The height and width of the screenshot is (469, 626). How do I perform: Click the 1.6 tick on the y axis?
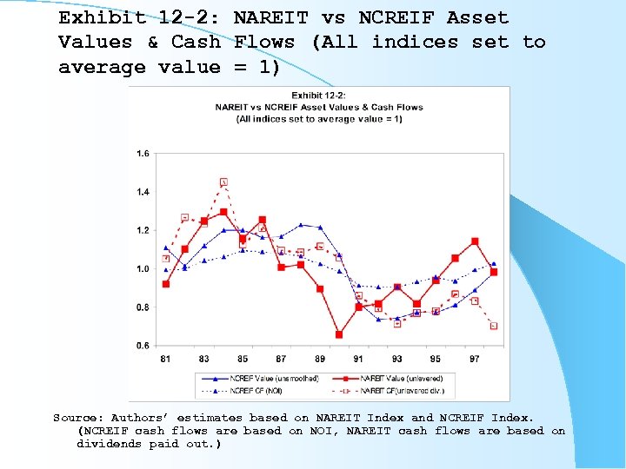click(x=143, y=154)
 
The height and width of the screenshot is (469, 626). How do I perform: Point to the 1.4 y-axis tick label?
click(x=143, y=192)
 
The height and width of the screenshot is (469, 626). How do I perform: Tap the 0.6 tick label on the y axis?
click(x=143, y=346)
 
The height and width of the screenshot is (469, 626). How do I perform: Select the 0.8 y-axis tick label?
click(x=143, y=307)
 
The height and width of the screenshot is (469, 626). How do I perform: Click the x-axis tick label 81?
click(x=165, y=359)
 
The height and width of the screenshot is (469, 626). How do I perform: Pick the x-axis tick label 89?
click(x=320, y=359)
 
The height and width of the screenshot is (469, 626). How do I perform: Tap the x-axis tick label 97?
click(x=475, y=359)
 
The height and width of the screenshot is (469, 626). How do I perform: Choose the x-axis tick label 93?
click(x=397, y=359)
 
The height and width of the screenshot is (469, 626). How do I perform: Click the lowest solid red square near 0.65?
click(x=339, y=334)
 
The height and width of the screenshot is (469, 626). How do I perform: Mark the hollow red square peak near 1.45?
click(x=223, y=182)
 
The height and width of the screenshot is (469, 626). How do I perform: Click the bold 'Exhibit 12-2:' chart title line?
click(x=318, y=96)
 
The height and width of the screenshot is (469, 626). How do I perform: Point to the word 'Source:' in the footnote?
click(x=77, y=418)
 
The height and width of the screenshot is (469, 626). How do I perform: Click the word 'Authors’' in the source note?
click(x=143, y=418)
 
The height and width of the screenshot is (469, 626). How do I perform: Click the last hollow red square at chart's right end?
click(x=494, y=327)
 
